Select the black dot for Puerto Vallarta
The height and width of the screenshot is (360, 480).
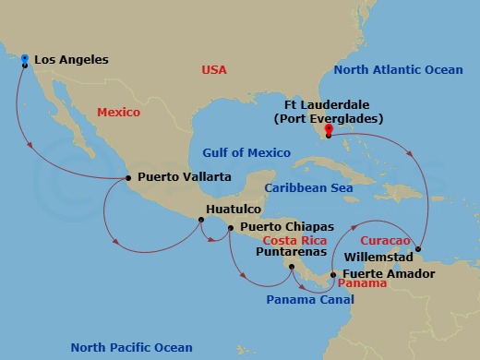(128, 177)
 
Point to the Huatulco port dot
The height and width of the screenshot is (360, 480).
(199, 220)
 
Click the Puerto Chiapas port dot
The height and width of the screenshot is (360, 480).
(230, 227)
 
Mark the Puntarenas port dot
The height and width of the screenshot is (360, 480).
(292, 268)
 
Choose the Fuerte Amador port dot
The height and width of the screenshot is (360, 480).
(333, 274)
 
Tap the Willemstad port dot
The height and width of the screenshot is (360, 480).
(418, 248)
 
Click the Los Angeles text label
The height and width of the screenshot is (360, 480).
(70, 60)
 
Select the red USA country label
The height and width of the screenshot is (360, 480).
(215, 70)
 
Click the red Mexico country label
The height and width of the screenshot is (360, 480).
(118, 113)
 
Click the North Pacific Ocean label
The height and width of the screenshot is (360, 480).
(132, 347)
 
